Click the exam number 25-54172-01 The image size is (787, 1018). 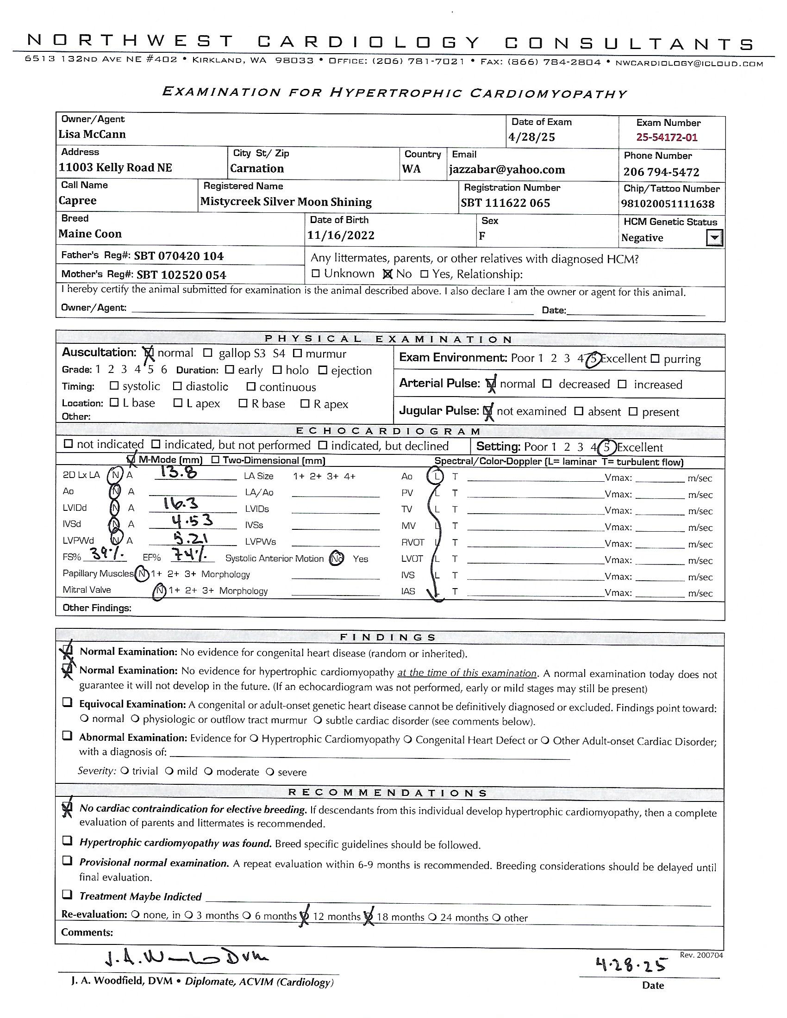click(667, 137)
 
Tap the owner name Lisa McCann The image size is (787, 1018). click(92, 135)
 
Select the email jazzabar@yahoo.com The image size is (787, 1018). click(507, 170)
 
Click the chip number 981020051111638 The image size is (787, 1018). click(667, 204)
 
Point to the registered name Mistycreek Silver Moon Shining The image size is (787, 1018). click(286, 202)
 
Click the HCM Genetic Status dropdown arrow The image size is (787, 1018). click(714, 238)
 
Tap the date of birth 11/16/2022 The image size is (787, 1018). click(340, 236)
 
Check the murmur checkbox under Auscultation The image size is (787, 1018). click(298, 354)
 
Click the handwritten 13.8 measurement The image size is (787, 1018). click(176, 472)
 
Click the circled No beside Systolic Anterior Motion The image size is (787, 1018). click(336, 559)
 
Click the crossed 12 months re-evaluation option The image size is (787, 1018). click(304, 916)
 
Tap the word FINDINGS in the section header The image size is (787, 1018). click(388, 637)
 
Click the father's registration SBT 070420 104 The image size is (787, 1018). click(179, 256)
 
